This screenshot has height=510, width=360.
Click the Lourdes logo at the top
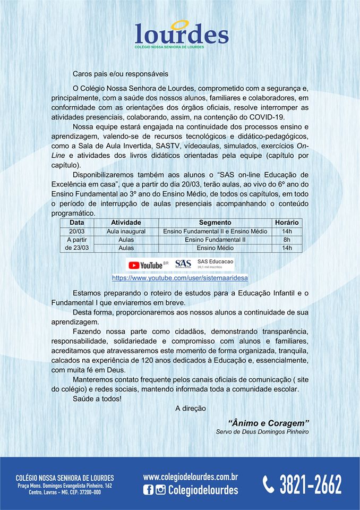click(182, 34)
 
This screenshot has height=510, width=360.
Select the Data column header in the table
click(77, 223)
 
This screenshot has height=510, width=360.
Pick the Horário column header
click(287, 223)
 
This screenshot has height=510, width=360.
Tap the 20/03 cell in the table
click(77, 232)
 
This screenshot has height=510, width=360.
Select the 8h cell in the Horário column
click(287, 240)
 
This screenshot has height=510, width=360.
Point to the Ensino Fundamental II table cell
click(215, 240)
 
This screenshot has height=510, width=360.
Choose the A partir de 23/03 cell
click(77, 244)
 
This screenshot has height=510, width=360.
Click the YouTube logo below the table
click(147, 265)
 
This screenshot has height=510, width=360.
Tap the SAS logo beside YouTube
click(183, 264)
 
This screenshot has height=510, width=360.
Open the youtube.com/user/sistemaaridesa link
click(180, 278)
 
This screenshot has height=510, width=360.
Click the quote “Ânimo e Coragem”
click(269, 422)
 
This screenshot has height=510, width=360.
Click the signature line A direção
click(190, 408)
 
